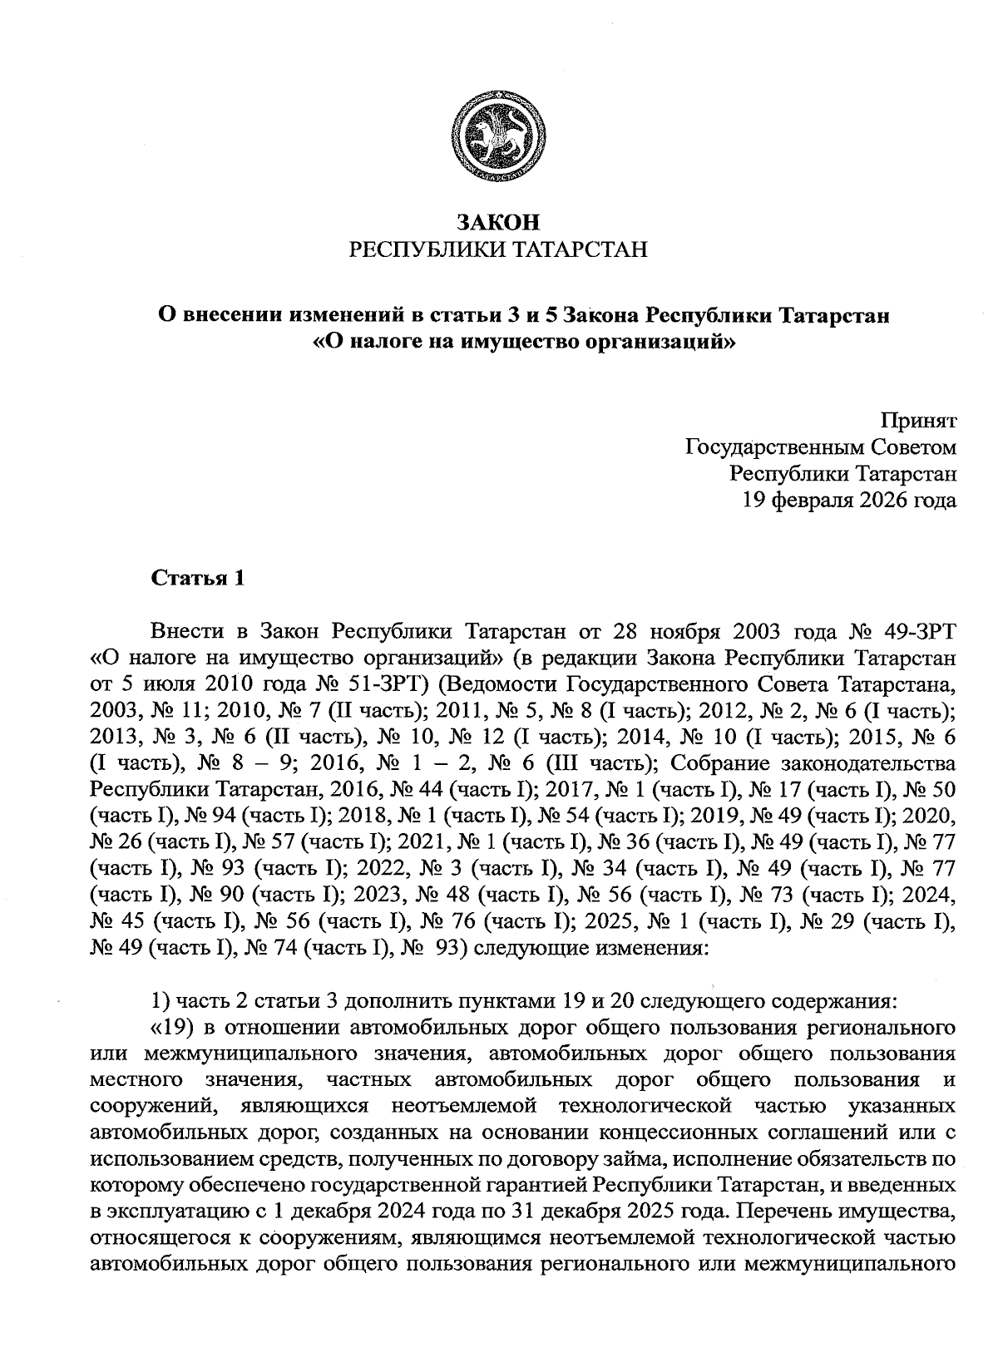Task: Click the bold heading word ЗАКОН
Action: tap(498, 222)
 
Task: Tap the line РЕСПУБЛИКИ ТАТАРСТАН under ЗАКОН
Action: tap(498, 249)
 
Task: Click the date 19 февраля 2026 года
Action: tap(848, 501)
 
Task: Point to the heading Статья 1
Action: tap(197, 579)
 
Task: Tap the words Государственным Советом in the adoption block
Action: tap(820, 447)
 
